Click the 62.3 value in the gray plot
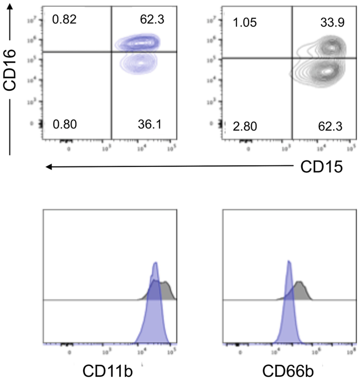coord(331,126)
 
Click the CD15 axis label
coord(322,167)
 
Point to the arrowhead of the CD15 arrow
coord(48,167)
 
